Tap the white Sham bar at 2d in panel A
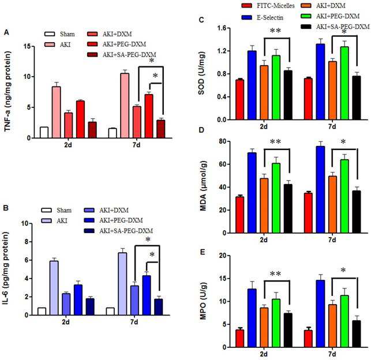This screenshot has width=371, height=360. tap(44, 132)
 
